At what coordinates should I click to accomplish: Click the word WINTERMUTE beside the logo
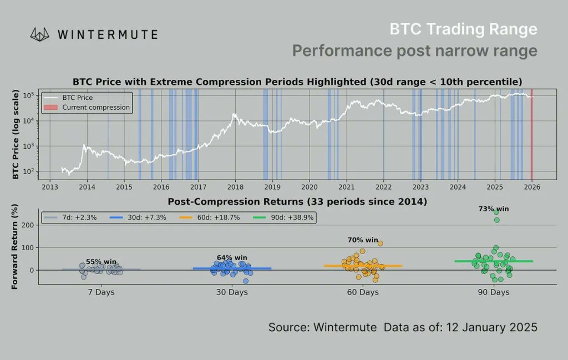107,34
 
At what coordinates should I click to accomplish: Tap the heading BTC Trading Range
463,29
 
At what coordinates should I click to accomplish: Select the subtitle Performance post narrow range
414,51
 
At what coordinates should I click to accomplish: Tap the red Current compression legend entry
95,107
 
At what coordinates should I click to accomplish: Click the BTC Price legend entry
78,98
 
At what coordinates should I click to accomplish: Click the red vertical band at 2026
531,133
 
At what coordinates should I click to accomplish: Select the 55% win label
101,261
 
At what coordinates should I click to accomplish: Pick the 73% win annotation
493,209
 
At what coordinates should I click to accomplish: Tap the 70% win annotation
363,240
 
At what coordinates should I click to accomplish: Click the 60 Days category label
363,292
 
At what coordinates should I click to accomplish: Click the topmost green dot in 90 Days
496,212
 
